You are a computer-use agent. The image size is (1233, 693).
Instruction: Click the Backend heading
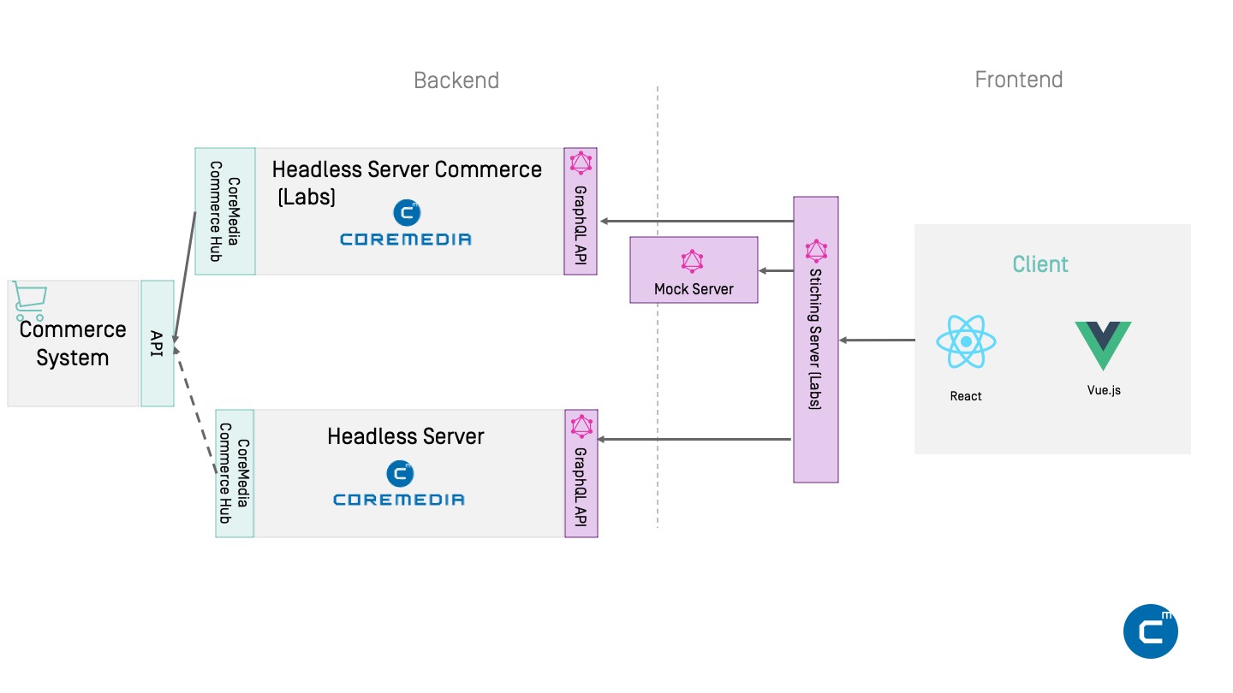(x=456, y=80)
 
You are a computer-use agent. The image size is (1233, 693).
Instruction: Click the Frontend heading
(x=1018, y=80)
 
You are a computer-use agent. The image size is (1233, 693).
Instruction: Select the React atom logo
(x=966, y=341)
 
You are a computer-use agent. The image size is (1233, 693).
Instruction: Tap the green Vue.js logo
(x=1102, y=344)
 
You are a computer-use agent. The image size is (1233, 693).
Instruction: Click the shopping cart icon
(x=31, y=300)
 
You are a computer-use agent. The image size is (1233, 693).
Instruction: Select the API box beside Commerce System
(x=157, y=343)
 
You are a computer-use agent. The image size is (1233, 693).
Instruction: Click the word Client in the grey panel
(x=1039, y=264)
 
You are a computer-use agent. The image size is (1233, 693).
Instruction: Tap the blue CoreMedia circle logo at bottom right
(x=1150, y=631)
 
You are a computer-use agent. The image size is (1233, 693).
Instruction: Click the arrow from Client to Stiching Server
(x=877, y=341)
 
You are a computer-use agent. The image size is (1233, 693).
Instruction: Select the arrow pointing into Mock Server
(x=776, y=271)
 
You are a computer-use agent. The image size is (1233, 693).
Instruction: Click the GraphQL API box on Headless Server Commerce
(x=581, y=211)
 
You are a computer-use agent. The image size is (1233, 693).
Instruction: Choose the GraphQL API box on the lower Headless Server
(x=581, y=473)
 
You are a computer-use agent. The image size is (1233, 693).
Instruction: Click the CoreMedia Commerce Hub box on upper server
(x=225, y=211)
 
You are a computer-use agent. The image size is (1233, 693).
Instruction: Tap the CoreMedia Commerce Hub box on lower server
(x=235, y=473)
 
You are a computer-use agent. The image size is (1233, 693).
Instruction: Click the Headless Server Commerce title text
(x=406, y=169)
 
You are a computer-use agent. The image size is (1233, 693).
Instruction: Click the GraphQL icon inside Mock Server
(x=693, y=260)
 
